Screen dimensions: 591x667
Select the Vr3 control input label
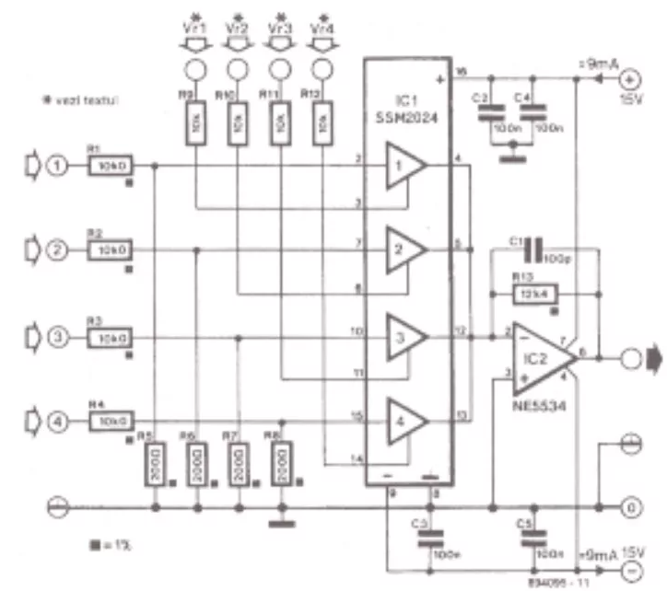pyautogui.click(x=279, y=27)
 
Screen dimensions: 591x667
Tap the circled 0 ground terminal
pyautogui.click(x=633, y=505)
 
